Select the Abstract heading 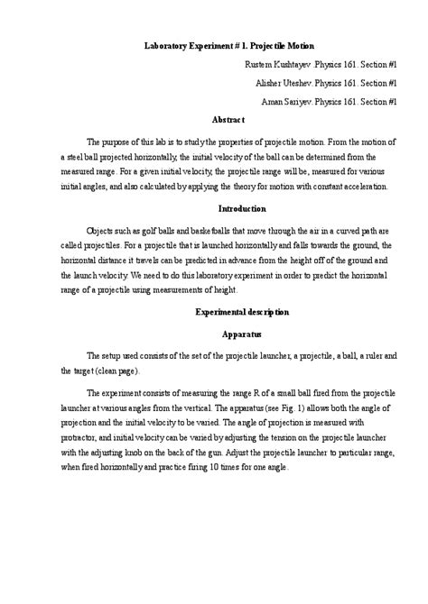pos(228,118)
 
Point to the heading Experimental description pos(242,312)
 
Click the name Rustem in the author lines pos(261,65)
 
